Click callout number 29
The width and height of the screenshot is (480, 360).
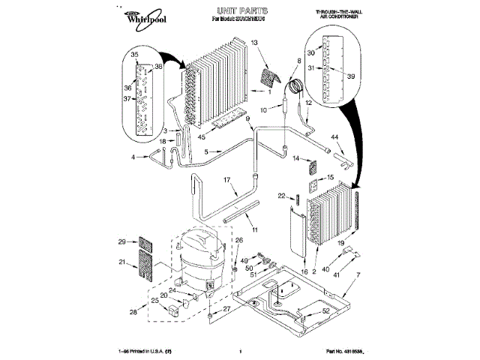click(121, 241)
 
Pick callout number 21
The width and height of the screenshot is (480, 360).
click(121, 262)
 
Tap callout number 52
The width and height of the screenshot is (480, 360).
click(325, 310)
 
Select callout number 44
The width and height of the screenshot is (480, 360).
click(335, 137)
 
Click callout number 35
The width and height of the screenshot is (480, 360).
click(136, 55)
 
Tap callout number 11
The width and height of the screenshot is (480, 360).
click(253, 228)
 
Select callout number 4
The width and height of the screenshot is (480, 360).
click(133, 157)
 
